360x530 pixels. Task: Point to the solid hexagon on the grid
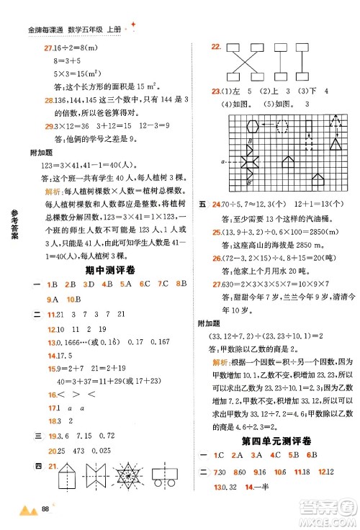233,125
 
